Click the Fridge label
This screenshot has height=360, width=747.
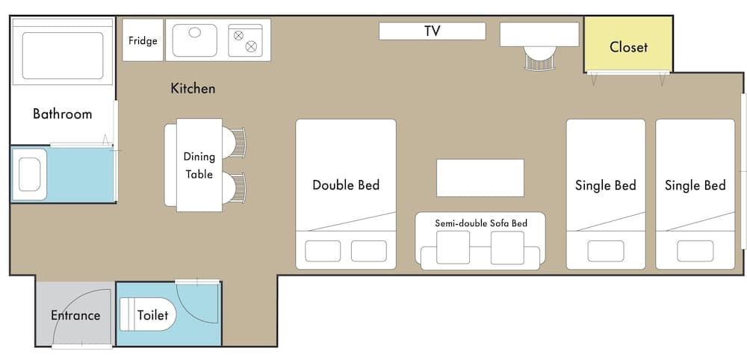tap(143, 40)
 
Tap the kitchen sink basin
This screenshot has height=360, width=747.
tap(195, 40)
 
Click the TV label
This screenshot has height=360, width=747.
tap(432, 31)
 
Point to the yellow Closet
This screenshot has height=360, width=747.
tap(628, 47)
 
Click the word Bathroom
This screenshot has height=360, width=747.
tap(62, 114)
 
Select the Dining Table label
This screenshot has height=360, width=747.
tap(199, 166)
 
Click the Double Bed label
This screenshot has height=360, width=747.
tap(346, 185)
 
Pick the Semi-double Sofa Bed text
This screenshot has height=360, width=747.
tap(480, 223)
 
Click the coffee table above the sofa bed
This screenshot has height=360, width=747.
tap(480, 178)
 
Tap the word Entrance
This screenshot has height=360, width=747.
tap(75, 315)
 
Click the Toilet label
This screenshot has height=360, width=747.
tap(152, 315)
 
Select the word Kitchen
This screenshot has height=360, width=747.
tap(193, 89)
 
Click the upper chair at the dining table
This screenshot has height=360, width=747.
tap(235, 143)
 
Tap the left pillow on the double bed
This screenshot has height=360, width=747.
tap(323, 251)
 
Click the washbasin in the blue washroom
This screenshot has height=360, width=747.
tap(31, 175)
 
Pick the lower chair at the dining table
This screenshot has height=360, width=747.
tap(235, 187)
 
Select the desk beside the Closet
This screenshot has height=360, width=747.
tap(539, 34)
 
